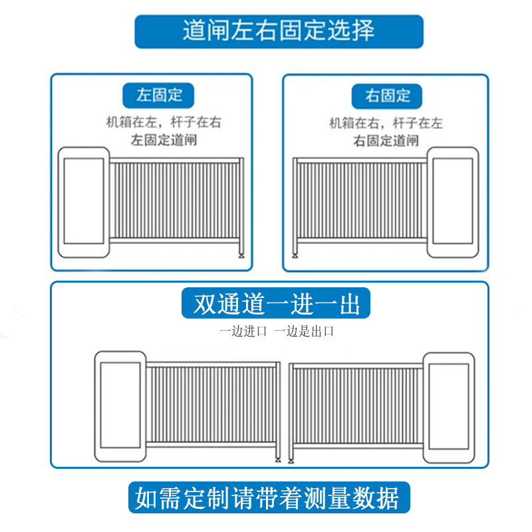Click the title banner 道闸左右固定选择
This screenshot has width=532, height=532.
point(279,31)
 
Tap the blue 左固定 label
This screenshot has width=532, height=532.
point(160,95)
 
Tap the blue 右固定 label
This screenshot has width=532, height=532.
point(388,96)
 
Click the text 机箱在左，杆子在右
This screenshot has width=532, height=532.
point(164,122)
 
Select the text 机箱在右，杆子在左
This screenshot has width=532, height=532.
point(386,123)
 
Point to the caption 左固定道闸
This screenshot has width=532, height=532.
point(164,140)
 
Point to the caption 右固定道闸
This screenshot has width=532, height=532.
point(386,140)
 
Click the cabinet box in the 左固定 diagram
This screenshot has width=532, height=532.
point(84,202)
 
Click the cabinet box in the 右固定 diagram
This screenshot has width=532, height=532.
point(452,202)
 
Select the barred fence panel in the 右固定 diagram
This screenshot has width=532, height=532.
point(359,199)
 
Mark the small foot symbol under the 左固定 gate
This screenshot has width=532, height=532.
point(241,255)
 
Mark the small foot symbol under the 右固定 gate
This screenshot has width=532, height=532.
point(295,255)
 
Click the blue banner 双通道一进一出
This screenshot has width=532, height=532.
point(276,305)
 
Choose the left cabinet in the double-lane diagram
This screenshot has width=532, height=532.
point(120,406)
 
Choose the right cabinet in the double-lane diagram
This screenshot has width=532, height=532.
point(450,406)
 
